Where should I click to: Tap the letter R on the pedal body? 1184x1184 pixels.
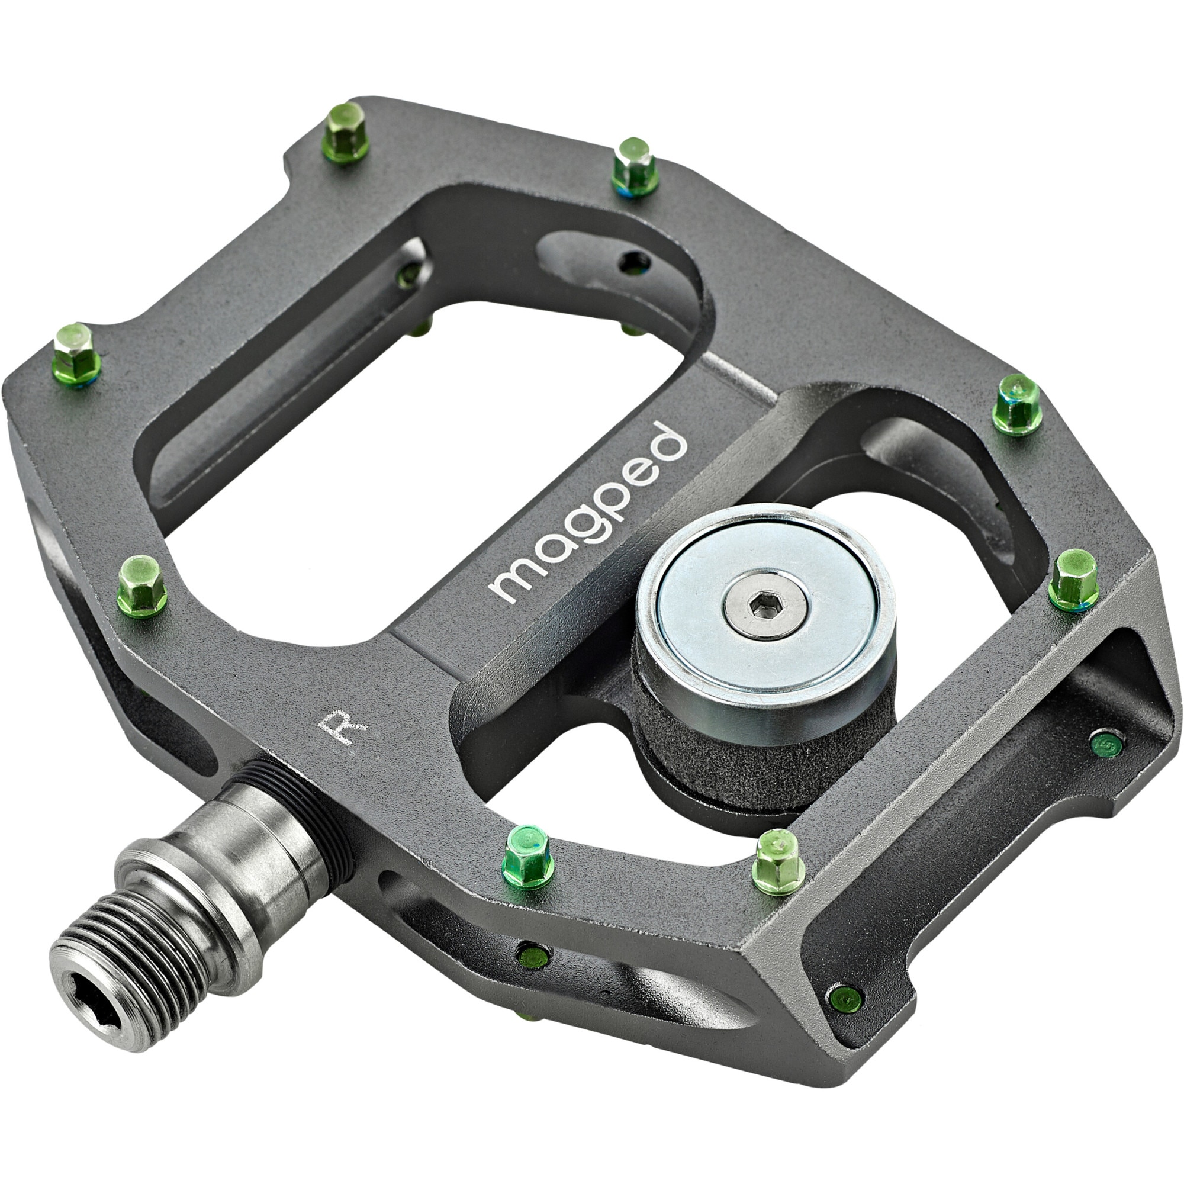pos(343,728)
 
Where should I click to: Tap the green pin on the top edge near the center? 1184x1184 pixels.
pos(635,166)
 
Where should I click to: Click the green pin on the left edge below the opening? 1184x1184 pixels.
pos(141,585)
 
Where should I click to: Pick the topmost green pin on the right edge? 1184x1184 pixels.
pos(1017,404)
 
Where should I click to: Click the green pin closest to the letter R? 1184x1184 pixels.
pos(526,855)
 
